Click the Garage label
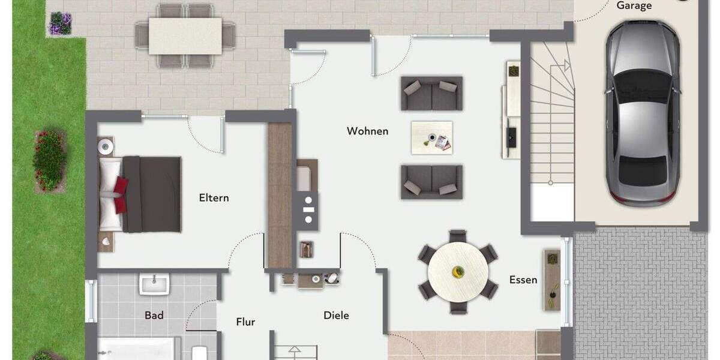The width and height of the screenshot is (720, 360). pos(634,6)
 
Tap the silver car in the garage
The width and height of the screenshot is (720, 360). pos(642,114)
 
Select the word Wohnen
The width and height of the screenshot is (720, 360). pos(367,131)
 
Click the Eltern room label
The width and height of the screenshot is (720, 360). pos(214,197)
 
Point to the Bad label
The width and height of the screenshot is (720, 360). pos(154,315)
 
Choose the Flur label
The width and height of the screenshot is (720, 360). pos(245,322)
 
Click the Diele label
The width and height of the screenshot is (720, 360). pos(336,315)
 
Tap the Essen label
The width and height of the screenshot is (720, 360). pos(523,280)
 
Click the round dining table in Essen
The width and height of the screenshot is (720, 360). pos(458,272)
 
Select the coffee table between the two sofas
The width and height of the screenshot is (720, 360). pos(431,137)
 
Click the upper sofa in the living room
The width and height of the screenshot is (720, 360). pos(431,94)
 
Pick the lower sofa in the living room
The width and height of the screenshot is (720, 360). pos(431,182)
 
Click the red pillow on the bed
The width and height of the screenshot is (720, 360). pos(121,194)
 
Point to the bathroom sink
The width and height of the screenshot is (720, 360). pos(154,284)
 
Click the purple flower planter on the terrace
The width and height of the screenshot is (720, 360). pos(60,24)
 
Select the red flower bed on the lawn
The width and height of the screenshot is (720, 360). pos(49,160)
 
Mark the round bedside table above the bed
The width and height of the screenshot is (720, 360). pos(106,145)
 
